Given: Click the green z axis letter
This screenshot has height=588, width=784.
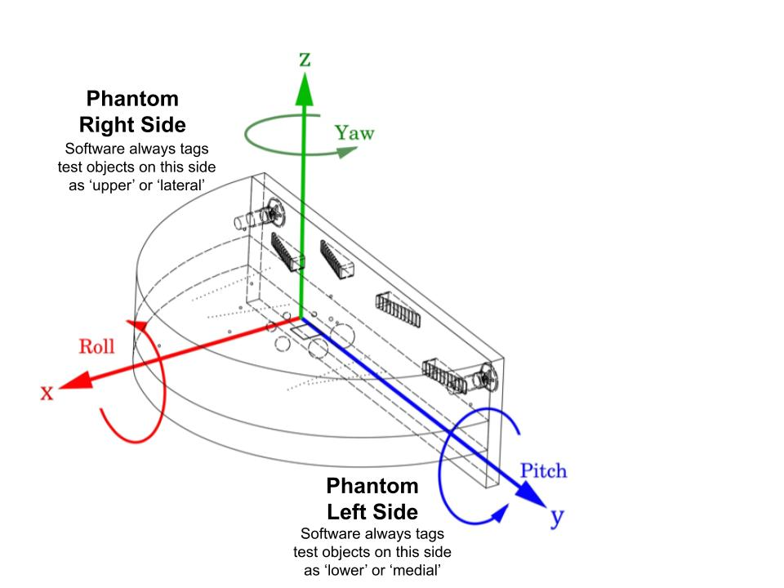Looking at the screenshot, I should point(305,60).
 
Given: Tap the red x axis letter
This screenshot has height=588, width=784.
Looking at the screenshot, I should point(47,393).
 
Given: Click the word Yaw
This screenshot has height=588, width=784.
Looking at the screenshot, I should point(354,133).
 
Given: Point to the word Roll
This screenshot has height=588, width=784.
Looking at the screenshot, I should point(96,345).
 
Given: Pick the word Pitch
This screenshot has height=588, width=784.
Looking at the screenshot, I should point(543,470).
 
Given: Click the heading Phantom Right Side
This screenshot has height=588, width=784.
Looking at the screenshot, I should point(132,112).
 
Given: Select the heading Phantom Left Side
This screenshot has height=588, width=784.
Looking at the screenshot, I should point(372,499).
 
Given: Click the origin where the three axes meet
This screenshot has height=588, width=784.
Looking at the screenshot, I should point(303,319).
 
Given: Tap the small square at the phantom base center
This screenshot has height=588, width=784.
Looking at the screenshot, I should point(300,331).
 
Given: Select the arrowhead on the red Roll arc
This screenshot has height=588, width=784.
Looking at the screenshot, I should point(144,327).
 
